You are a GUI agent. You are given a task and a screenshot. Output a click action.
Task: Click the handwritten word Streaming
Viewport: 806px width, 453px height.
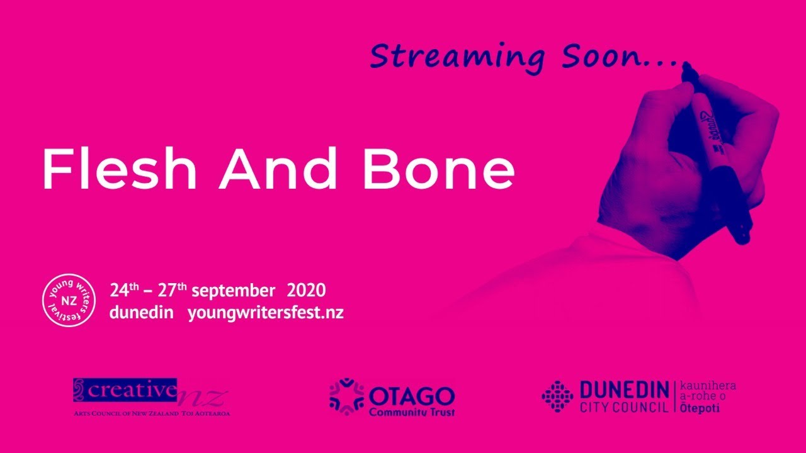coord(457,57)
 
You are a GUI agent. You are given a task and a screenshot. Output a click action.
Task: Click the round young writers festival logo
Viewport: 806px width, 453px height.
coord(69,301)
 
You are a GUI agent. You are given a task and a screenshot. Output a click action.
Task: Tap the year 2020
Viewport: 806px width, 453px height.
coord(306,291)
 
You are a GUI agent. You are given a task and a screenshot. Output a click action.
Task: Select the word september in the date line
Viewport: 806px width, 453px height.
coord(233,291)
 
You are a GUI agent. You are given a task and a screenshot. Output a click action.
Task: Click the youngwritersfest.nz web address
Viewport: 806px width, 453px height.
coord(266,313)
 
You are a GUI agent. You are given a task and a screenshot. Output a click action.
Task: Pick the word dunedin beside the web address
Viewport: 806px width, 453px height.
coord(142,312)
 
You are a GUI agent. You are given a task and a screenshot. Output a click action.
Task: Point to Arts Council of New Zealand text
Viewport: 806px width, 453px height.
coord(126,414)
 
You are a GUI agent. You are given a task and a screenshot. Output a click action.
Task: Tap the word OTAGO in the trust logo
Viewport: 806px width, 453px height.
coord(412,396)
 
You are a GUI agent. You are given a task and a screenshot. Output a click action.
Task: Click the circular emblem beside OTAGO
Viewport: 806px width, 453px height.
coord(347,397)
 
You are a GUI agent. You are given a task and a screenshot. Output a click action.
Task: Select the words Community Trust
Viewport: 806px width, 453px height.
coord(412,412)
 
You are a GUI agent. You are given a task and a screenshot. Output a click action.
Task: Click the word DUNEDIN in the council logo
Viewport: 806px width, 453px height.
coord(624,390)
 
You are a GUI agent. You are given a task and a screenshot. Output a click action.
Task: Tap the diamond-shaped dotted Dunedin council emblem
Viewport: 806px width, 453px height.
coord(557,396)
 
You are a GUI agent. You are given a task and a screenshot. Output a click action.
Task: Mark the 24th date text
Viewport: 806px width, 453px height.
coord(124,291)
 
